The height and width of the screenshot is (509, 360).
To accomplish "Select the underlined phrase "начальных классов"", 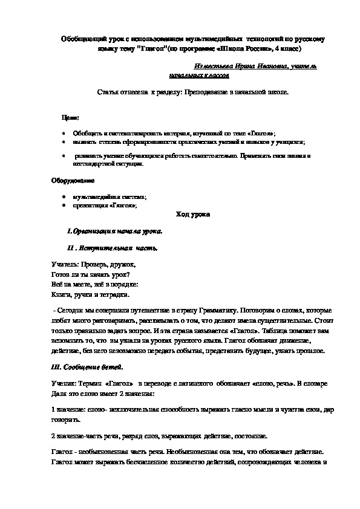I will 199,77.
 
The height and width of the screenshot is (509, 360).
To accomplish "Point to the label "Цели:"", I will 70,117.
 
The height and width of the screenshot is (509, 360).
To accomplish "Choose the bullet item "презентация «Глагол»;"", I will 104,206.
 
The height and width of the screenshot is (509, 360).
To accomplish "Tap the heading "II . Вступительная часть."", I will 113,248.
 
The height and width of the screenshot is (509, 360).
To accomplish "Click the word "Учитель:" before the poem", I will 61,264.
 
